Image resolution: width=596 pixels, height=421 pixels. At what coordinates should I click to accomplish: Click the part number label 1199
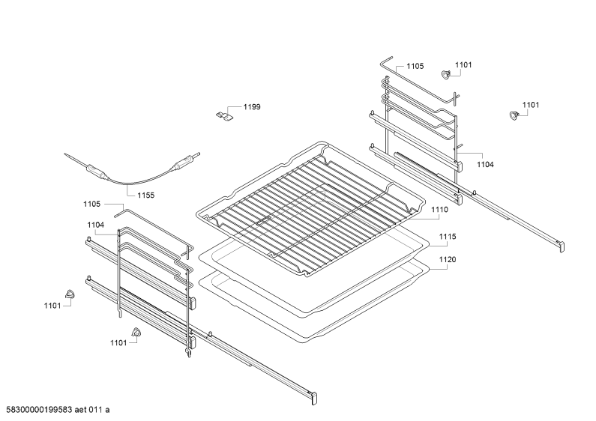click(252, 107)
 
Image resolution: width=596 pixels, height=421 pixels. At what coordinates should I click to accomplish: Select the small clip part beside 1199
click(224, 115)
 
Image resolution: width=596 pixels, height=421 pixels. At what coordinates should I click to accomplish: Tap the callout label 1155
click(146, 196)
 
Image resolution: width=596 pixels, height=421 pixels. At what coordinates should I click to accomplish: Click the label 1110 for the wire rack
click(439, 209)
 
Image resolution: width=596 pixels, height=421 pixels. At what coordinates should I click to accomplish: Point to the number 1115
click(448, 236)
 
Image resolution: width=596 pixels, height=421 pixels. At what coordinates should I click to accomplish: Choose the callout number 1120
click(448, 259)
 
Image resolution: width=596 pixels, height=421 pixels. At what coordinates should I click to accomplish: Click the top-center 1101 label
click(463, 65)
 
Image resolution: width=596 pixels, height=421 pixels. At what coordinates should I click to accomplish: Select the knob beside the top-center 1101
click(445, 75)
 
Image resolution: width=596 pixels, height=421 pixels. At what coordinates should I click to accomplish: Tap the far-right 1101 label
click(531, 105)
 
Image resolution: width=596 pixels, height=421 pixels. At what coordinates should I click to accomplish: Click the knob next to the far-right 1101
click(514, 115)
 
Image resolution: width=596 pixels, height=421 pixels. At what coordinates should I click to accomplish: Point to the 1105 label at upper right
click(415, 66)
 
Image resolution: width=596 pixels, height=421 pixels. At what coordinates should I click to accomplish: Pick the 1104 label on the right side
click(485, 165)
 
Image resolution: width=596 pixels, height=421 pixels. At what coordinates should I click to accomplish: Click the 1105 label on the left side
click(92, 204)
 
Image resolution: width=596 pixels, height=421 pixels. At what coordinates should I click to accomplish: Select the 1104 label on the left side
click(95, 225)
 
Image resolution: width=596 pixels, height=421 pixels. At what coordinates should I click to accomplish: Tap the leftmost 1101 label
click(52, 306)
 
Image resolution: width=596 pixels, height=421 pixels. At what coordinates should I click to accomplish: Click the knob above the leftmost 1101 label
click(70, 294)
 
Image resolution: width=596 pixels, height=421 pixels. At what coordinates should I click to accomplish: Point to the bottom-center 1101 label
click(118, 343)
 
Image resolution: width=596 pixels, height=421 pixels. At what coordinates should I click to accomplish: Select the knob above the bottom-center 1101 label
click(136, 332)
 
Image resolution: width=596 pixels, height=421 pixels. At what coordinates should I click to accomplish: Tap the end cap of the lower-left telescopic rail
click(314, 398)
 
